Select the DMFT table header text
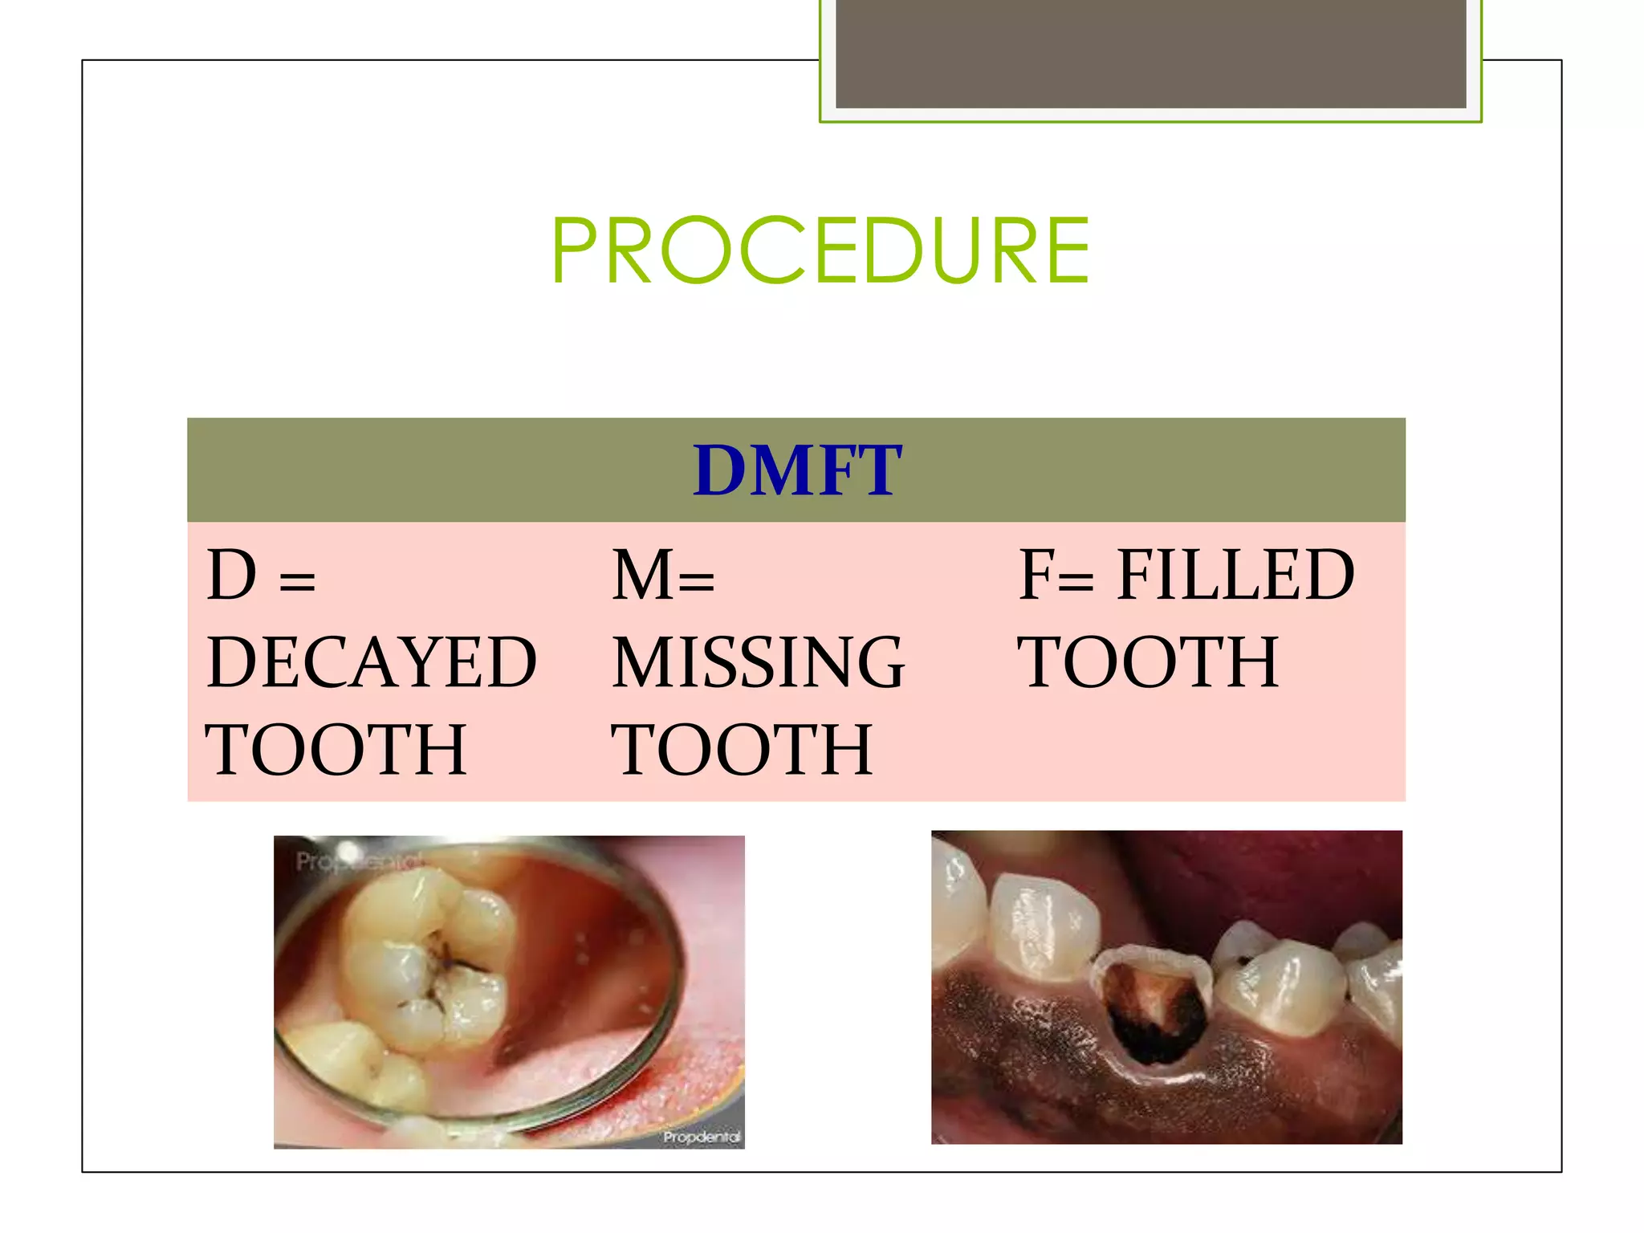[x=797, y=471]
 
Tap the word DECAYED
[x=372, y=662]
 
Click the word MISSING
[x=759, y=662]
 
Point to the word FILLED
[x=1235, y=576]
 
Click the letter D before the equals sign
[x=232, y=576]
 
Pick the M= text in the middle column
[x=663, y=576]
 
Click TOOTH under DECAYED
[x=336, y=750]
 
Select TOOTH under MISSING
[x=742, y=750]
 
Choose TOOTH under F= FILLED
[x=1148, y=662]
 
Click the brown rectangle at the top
[x=1150, y=53]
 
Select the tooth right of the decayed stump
[x=1281, y=987]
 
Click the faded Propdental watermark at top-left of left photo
[x=353, y=861]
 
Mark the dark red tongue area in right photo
[x=1284, y=875]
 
